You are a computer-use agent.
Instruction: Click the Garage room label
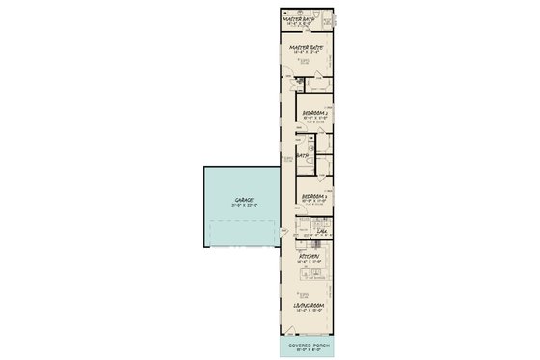(241, 200)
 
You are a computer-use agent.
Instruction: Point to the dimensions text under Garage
(241, 206)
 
